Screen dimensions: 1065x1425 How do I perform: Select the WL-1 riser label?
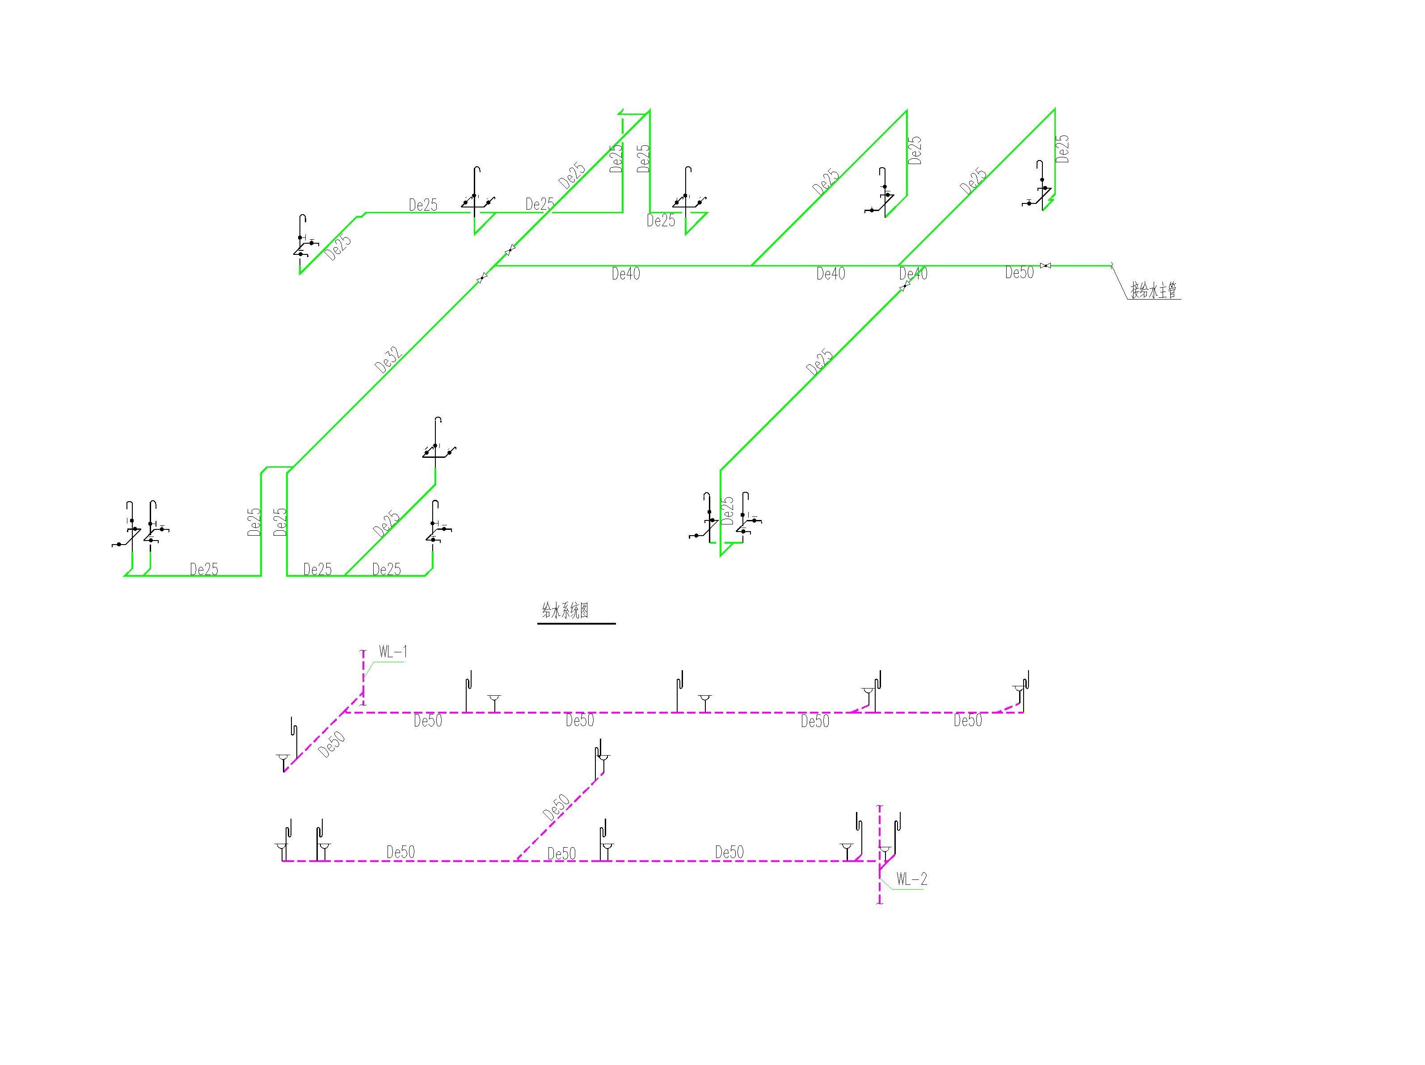[x=392, y=652]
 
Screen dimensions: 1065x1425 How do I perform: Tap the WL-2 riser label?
[x=911, y=879]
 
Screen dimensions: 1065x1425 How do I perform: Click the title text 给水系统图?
[x=565, y=611]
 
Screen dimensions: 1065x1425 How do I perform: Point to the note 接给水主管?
[x=1154, y=291]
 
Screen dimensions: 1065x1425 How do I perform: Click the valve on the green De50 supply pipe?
[x=1046, y=266]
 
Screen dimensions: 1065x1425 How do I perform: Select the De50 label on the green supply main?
[x=1019, y=273]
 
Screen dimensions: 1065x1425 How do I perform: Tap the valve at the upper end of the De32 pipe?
[x=482, y=278]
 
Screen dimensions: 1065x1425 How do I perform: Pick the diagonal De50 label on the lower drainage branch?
[x=556, y=807]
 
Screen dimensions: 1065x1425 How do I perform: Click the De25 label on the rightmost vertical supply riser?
[x=1063, y=148]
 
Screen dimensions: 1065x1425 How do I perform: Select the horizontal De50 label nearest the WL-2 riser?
[x=729, y=852]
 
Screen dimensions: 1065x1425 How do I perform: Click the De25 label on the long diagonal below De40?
[x=819, y=362]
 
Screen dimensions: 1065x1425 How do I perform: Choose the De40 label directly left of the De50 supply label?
[x=913, y=274]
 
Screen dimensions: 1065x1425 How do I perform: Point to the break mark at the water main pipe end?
[x=1113, y=266]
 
